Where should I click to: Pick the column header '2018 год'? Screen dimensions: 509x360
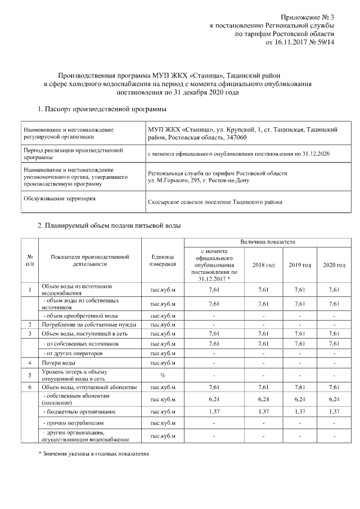pos(263,264)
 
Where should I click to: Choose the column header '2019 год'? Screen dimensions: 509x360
pos(300,264)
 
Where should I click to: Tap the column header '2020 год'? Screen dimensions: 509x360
pos(334,264)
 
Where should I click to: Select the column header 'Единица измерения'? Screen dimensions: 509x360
pos(164,260)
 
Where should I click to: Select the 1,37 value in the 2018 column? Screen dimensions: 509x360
pos(263,412)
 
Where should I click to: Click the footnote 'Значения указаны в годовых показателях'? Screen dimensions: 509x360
pos(91,452)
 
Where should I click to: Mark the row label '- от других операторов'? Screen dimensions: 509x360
pos(73,353)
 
